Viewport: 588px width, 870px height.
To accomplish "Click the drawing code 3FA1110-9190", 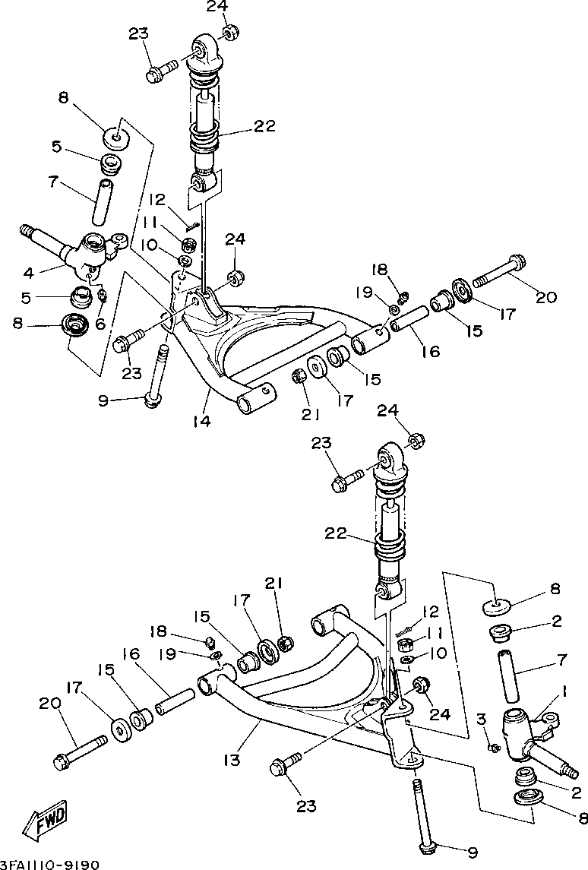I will pyautogui.click(x=50, y=864).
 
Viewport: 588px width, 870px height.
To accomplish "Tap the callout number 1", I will pyautogui.click(x=564, y=692).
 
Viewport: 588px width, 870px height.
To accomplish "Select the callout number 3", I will pyautogui.click(x=480, y=718).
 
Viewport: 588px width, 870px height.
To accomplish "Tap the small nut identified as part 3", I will pyautogui.click(x=495, y=748).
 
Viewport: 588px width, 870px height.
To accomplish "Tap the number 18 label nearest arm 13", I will pyautogui.click(x=157, y=631).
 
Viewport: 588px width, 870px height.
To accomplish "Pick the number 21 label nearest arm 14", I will pyautogui.click(x=310, y=414).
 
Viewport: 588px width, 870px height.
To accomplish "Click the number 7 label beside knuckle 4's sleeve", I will pyautogui.click(x=53, y=182).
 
